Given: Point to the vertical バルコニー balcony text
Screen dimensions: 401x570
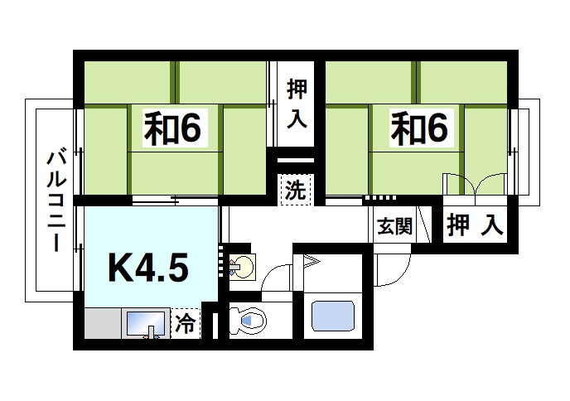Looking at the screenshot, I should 56,200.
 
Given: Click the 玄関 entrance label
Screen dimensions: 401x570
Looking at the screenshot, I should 395,225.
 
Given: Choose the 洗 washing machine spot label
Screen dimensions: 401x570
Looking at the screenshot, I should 294,190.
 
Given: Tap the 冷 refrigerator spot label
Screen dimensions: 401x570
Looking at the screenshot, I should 187,324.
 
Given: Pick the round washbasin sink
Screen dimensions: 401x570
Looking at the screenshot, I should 243,267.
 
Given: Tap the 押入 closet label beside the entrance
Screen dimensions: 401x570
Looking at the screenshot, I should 476,225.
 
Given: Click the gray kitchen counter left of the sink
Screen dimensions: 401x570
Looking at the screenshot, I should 102,323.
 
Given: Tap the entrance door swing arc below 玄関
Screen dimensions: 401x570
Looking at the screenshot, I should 389,267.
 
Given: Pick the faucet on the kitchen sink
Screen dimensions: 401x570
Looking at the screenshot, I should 152,332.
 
